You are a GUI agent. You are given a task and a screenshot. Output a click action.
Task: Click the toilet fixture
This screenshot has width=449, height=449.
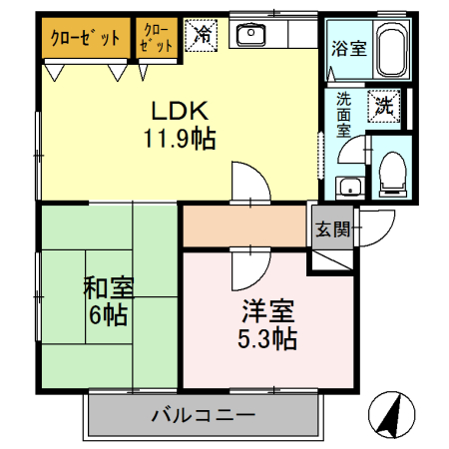point(390,172)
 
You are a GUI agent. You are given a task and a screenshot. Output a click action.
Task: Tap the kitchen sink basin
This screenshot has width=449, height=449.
point(248,37)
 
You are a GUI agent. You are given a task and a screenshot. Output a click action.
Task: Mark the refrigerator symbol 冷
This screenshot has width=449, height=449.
point(202,37)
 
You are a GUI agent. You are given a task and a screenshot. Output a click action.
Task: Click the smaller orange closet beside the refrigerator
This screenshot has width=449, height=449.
point(158,39)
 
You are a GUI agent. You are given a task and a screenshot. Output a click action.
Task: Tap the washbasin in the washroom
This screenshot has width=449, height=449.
point(348,188)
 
